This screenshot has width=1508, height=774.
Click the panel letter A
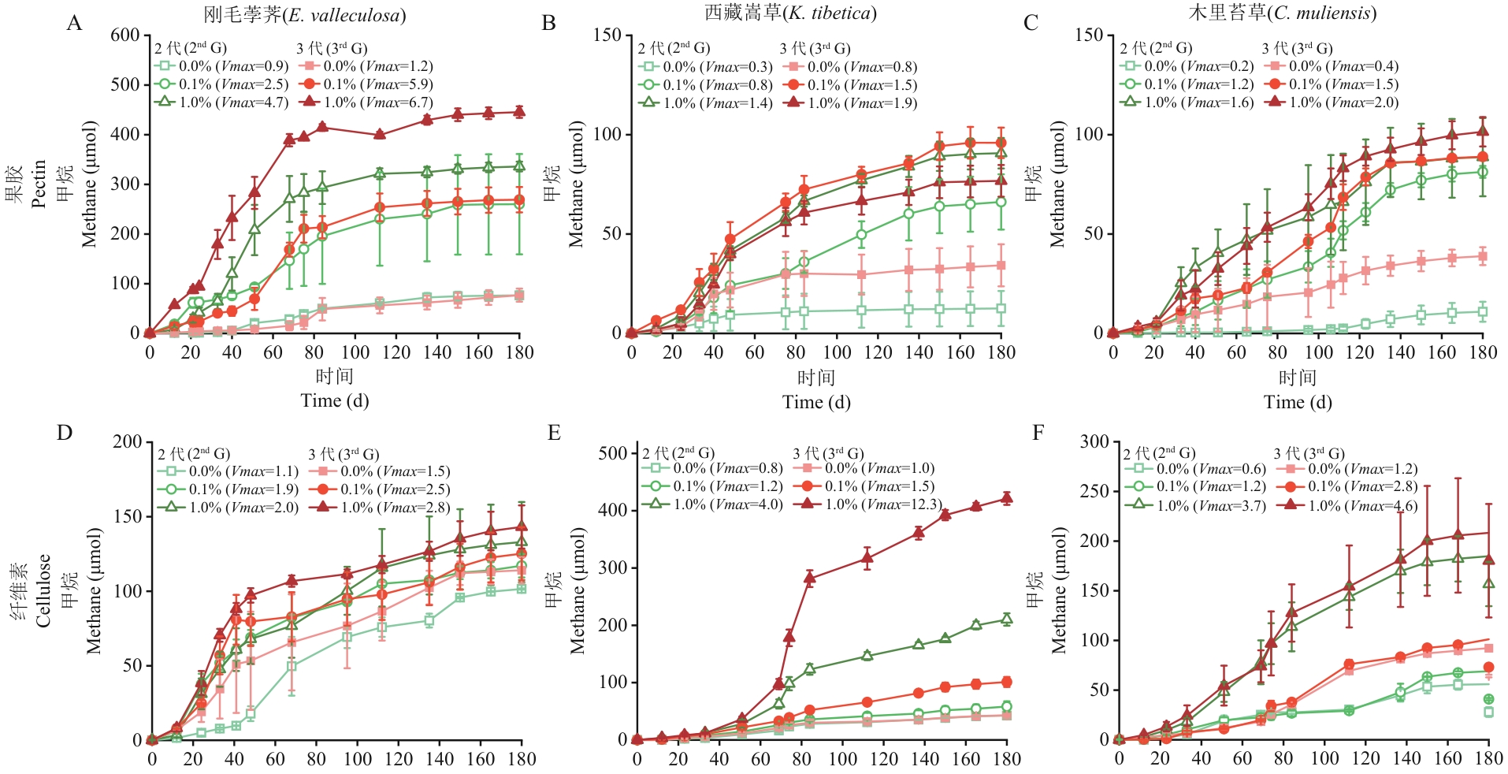pyautogui.click(x=74, y=23)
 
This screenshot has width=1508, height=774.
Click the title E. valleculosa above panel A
pyautogui.click(x=305, y=15)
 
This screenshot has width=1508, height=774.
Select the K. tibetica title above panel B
pyautogui.click(x=790, y=13)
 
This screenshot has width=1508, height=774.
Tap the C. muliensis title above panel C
pyautogui.click(x=1283, y=13)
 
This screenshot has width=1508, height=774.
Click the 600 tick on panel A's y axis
pyautogui.click(x=125, y=35)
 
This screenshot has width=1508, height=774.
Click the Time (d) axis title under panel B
pyautogui.click(x=816, y=402)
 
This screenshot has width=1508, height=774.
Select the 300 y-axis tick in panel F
pyautogui.click(x=1094, y=441)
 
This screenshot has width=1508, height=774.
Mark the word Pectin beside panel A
pyautogui.click(x=39, y=184)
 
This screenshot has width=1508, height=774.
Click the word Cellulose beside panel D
pyautogui.click(x=43, y=590)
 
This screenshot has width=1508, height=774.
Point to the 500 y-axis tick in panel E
pyautogui.click(x=612, y=453)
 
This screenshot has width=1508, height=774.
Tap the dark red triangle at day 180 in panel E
pyautogui.click(x=1006, y=497)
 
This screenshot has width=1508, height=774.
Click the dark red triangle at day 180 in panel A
pyautogui.click(x=519, y=111)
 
